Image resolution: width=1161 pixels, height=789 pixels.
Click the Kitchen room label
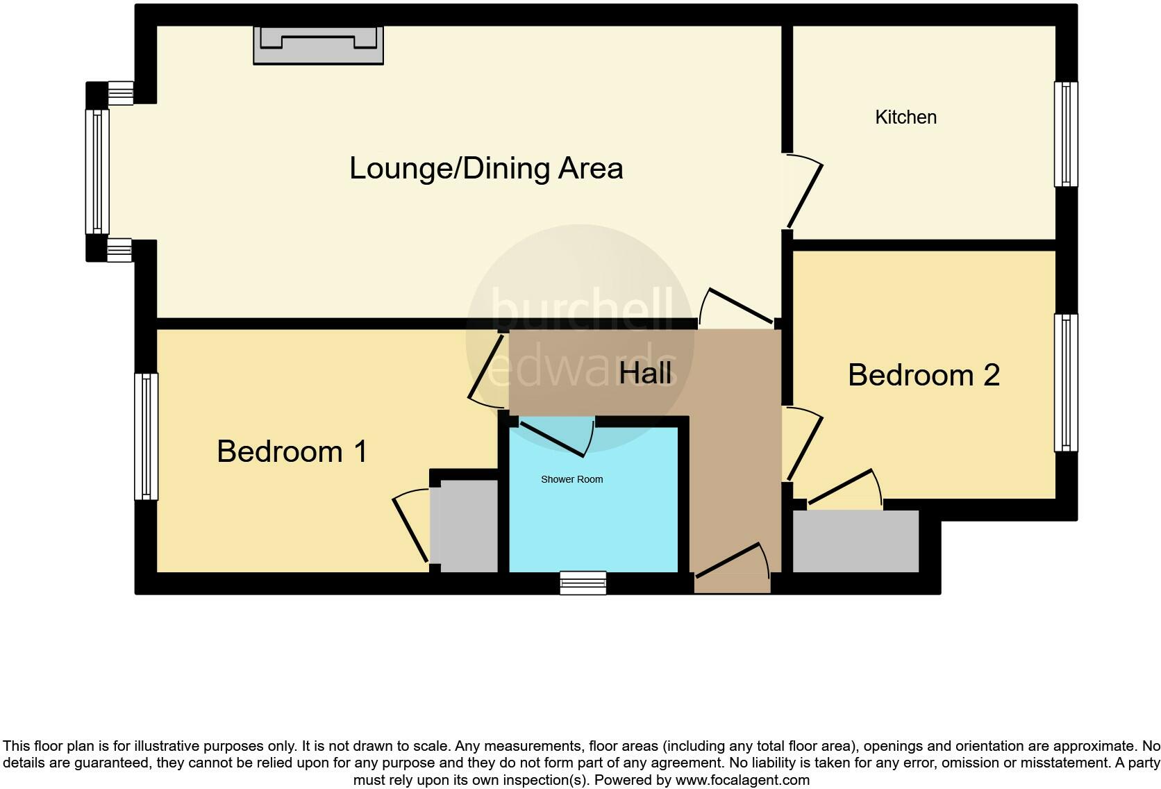[905, 117]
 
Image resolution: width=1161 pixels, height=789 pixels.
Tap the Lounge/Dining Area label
[486, 169]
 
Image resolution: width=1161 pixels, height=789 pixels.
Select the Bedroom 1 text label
[292, 451]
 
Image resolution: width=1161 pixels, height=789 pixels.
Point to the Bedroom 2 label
[924, 375]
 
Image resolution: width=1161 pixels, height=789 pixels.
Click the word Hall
[645, 373]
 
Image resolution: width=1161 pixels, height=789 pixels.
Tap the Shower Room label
[571, 479]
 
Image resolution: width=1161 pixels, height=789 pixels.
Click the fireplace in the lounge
[318, 45]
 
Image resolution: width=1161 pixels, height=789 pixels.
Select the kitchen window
[1066, 134]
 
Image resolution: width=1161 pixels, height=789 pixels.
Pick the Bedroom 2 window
[1066, 382]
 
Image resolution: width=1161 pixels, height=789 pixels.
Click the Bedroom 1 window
[146, 436]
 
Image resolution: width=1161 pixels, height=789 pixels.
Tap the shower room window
[583, 583]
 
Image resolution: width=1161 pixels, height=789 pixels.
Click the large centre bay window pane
[97, 171]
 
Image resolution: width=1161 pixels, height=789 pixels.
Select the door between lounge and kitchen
[804, 193]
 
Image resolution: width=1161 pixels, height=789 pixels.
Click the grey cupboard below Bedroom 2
[855, 542]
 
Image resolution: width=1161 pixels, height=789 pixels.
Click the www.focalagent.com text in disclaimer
[742, 780]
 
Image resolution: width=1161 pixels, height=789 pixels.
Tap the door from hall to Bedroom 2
[804, 445]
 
